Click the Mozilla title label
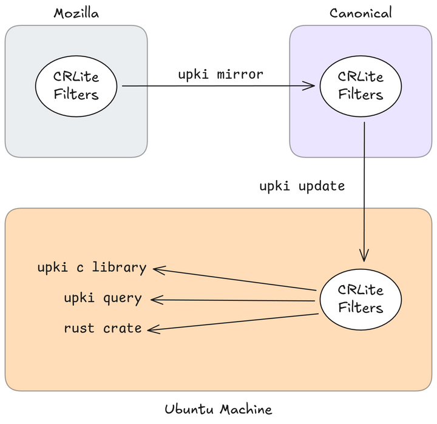[x=76, y=12]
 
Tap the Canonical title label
[x=361, y=12]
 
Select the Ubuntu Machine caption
[x=218, y=409]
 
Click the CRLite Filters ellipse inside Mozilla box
[x=76, y=86]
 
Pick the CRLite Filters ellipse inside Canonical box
[x=361, y=86]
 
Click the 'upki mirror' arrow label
[x=220, y=75]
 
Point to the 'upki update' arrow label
[x=302, y=186]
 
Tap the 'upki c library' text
[x=92, y=268]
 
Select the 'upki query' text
[x=103, y=298]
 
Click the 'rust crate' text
[x=103, y=328]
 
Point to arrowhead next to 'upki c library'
[x=158, y=268]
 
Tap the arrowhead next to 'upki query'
[x=156, y=299]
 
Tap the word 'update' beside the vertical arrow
[x=323, y=186]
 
